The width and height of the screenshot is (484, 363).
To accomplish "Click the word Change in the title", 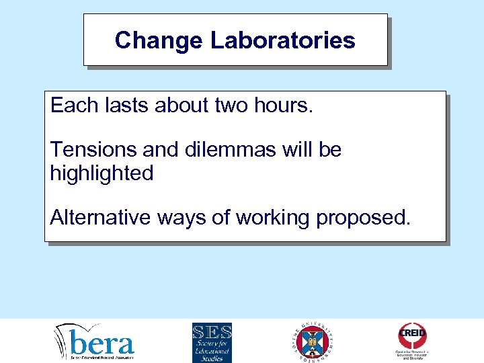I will (159, 40).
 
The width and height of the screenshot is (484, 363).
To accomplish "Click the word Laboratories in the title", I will (282, 40).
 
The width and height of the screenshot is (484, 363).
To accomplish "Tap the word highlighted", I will (102, 173).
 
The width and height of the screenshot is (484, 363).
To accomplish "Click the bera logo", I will (95, 342).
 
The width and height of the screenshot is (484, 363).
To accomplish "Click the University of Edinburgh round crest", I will (313, 341).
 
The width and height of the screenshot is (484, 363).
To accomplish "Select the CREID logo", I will (412, 341).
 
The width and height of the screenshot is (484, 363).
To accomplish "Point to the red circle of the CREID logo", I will (412, 334).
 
